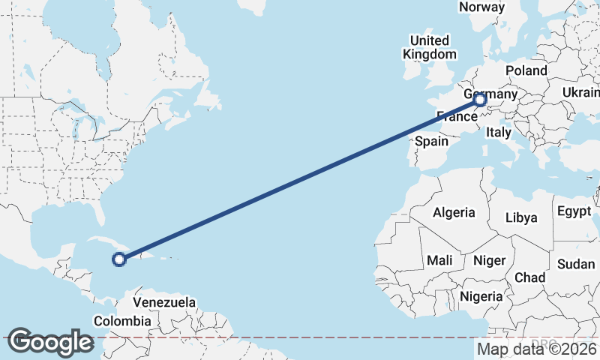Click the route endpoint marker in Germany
[x=480, y=99]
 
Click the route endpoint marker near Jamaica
[x=118, y=259]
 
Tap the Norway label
[x=481, y=7]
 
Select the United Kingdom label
[x=429, y=47]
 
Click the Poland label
[x=526, y=70]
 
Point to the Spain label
[x=431, y=141]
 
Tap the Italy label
[x=498, y=133]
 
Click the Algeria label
[x=453, y=212]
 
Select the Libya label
[x=521, y=217]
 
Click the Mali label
[x=439, y=261]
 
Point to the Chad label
[x=529, y=277]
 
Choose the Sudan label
[x=576, y=264]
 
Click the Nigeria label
[x=481, y=296]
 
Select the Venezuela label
[x=164, y=303]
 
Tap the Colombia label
[x=122, y=321]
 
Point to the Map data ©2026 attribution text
[x=538, y=349]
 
